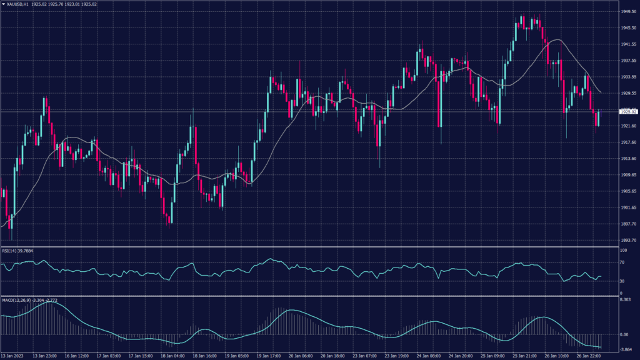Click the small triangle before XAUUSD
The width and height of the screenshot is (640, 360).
pos(4,4)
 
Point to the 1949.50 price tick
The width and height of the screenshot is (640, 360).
pos(628,12)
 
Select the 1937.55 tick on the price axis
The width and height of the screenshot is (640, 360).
pos(628,61)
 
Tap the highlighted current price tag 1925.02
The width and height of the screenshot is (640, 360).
pos(628,111)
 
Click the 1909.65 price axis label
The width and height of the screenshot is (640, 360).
pos(628,175)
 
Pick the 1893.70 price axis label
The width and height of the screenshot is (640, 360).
pos(628,240)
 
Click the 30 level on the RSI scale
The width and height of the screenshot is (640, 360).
pos(622,281)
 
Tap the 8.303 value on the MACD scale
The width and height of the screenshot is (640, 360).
pos(626,301)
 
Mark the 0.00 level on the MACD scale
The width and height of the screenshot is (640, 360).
pos(624,334)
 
